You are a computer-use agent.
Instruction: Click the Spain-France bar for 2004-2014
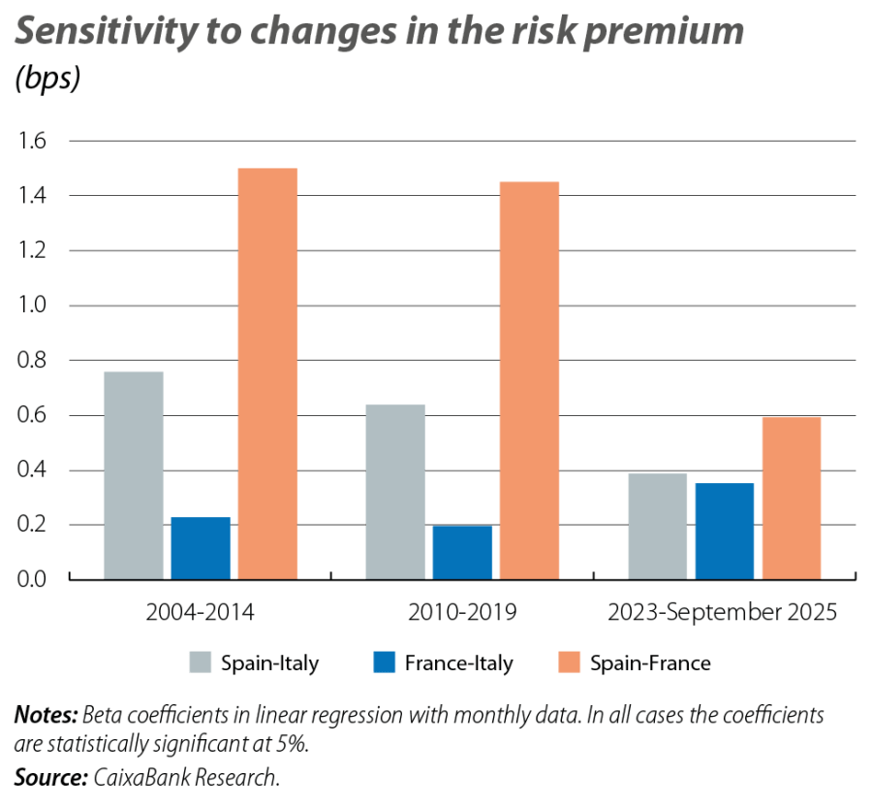pyautogui.click(x=268, y=373)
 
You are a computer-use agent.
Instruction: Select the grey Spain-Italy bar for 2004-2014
pyautogui.click(x=133, y=474)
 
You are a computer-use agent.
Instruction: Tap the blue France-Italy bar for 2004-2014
pyautogui.click(x=201, y=548)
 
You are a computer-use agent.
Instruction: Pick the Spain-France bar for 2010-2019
pyautogui.click(x=530, y=380)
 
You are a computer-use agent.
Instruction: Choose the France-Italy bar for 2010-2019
pyautogui.click(x=462, y=552)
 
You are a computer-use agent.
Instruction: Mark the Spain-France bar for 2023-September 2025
pyautogui.click(x=792, y=498)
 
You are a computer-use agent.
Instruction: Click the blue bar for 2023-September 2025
pyautogui.click(x=725, y=531)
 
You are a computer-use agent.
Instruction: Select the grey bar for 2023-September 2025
pyautogui.click(x=658, y=526)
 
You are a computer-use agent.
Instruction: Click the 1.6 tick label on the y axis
pyautogui.click(x=32, y=142)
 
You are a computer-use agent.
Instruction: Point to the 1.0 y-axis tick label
pyautogui.click(x=32, y=307)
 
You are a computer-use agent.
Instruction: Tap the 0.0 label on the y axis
pyautogui.click(x=32, y=580)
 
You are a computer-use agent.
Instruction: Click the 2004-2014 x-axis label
pyautogui.click(x=201, y=613)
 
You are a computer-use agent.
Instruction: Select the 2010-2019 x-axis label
pyautogui.click(x=462, y=613)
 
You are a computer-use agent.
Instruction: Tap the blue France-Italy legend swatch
pyautogui.click(x=385, y=663)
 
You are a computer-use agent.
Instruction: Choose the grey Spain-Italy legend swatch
pyautogui.click(x=200, y=663)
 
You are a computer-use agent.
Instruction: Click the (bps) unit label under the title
pyautogui.click(x=47, y=81)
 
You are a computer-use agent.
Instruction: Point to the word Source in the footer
pyautogui.click(x=47, y=777)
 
